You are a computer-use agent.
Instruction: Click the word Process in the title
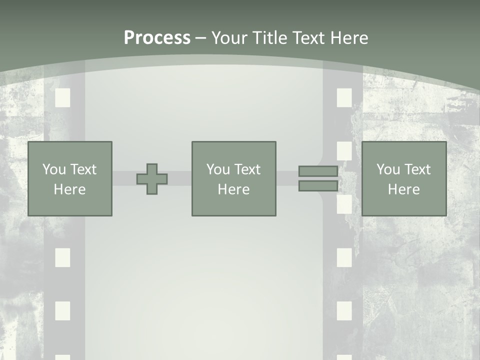pyautogui.click(x=157, y=38)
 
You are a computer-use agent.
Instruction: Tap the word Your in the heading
pyautogui.click(x=229, y=38)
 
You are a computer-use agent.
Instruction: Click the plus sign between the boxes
pyautogui.click(x=152, y=179)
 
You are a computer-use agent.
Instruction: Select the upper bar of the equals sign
pyautogui.click(x=318, y=171)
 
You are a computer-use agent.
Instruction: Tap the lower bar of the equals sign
pyautogui.click(x=318, y=186)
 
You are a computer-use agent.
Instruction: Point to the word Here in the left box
pyautogui.click(x=69, y=189)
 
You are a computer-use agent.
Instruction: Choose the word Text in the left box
pyautogui.click(x=83, y=169)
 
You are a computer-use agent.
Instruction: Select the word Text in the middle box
pyautogui.click(x=247, y=169)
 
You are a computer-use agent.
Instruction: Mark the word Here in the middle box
pyautogui.click(x=233, y=189)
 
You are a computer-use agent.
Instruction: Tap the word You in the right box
pyautogui.click(x=388, y=169)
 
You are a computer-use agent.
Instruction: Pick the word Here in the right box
pyautogui.click(x=403, y=189)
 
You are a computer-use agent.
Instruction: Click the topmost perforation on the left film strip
pyautogui.click(x=62, y=97)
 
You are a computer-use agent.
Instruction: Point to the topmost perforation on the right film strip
pyautogui.click(x=344, y=97)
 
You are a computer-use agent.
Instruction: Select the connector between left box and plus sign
pyautogui.click(x=124, y=178)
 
